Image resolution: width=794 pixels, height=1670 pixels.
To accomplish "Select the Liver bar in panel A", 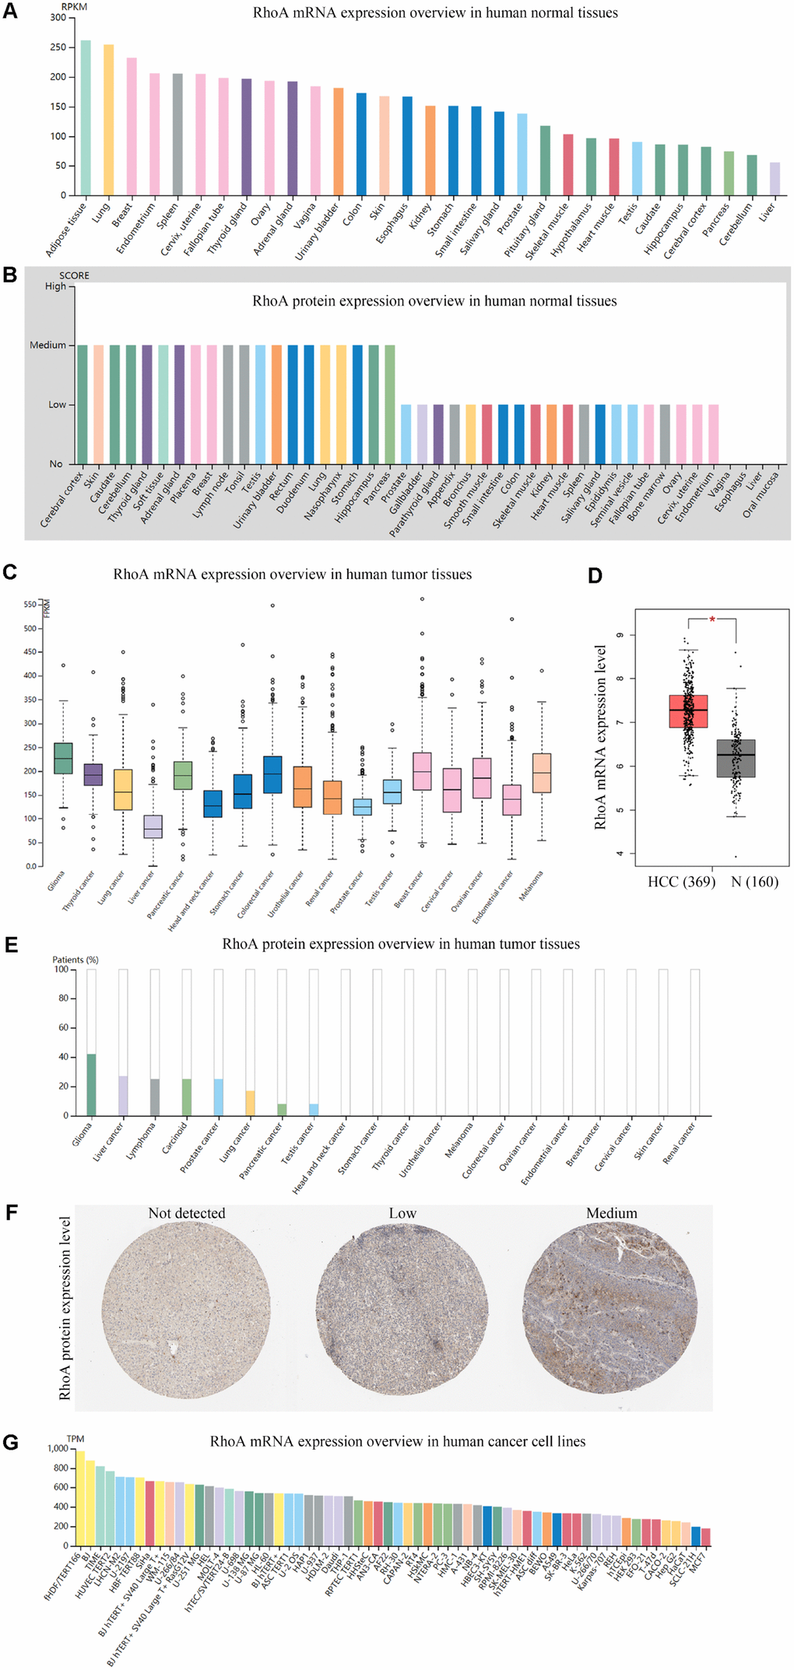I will click(x=775, y=179).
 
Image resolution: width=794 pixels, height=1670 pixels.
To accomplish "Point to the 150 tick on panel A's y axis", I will click(x=59, y=107).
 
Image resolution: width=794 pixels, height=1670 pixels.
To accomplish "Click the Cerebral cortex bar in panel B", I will click(x=83, y=405).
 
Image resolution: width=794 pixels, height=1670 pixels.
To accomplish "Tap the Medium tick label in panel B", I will click(x=47, y=346).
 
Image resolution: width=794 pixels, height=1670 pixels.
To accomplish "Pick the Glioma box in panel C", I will click(x=63, y=759).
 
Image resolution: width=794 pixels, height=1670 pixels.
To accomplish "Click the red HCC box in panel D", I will click(x=688, y=711).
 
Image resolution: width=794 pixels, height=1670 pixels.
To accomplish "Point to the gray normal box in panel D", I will click(x=736, y=758).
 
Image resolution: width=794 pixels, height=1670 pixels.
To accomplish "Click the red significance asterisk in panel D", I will click(x=711, y=620).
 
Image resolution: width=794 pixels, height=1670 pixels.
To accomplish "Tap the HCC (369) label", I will click(x=681, y=882).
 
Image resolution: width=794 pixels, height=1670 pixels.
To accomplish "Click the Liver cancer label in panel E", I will click(x=108, y=1142).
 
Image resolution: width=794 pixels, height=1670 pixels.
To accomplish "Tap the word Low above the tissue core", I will click(x=402, y=1213).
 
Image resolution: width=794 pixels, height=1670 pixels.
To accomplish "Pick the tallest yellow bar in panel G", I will click(x=80, y=1499).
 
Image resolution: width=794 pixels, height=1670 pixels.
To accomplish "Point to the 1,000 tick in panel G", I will click(x=58, y=1449).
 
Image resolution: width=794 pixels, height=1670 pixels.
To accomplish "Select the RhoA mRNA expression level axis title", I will click(x=600, y=737).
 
